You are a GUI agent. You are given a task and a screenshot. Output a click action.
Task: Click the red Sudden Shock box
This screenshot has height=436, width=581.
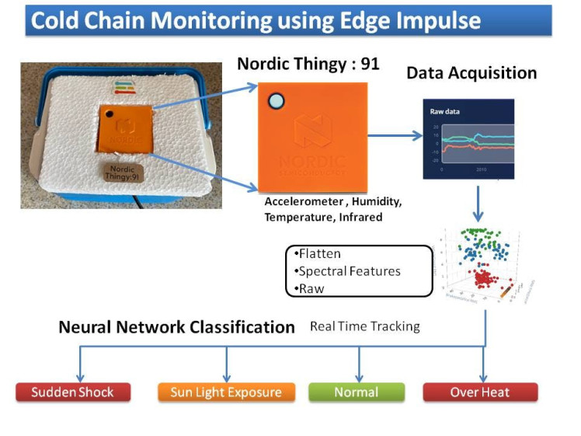point(73,392)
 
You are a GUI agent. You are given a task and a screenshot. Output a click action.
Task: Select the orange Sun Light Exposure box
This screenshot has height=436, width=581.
point(227,392)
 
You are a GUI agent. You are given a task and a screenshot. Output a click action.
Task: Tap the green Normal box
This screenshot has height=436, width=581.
point(356,392)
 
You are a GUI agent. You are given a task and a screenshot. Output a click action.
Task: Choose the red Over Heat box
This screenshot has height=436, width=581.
point(480,392)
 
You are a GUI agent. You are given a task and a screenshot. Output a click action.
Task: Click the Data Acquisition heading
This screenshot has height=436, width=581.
point(471,73)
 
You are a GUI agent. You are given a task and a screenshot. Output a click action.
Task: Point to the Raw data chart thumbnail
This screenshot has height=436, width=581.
point(468,139)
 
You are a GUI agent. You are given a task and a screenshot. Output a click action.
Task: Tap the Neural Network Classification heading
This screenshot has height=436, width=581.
point(176,327)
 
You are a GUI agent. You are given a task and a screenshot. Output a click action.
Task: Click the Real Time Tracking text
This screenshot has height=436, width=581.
point(365,326)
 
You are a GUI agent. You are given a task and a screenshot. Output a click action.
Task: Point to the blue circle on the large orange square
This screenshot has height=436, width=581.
point(276,101)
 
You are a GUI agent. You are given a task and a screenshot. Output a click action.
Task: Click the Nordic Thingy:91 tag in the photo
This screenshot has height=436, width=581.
point(124,173)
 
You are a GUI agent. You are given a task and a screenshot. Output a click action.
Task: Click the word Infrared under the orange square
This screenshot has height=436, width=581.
point(357,218)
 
